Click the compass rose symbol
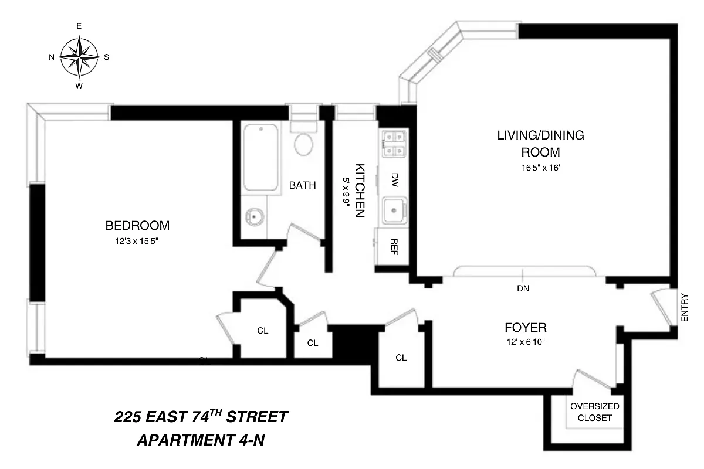click(79, 57)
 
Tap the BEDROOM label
click(137, 225)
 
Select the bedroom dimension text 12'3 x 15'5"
click(137, 240)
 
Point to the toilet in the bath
click(303, 142)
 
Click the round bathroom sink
click(255, 216)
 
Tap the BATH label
click(303, 186)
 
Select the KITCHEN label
click(360, 189)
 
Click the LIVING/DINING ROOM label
click(540, 144)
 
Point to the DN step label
click(523, 288)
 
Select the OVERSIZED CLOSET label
click(594, 412)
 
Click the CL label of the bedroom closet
click(262, 331)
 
